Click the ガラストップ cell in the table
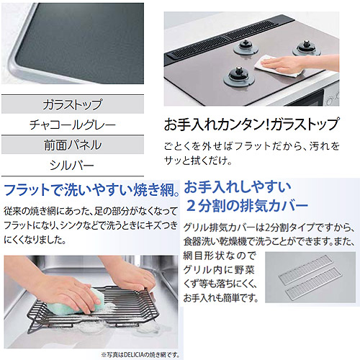[x=73, y=104]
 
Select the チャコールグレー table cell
[x=73, y=124]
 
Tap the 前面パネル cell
[x=73, y=144]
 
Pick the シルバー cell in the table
[x=73, y=164]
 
